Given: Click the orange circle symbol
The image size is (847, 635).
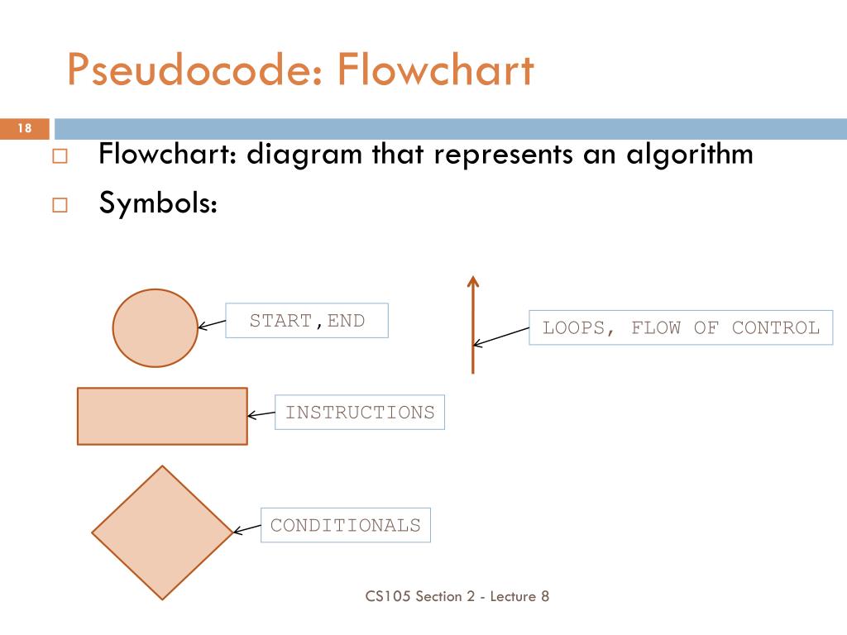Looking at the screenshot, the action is (x=155, y=328).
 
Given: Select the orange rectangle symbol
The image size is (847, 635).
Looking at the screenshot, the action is (x=162, y=416).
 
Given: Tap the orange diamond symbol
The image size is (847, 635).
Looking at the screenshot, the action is (x=162, y=532).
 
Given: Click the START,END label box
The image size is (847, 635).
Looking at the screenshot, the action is (x=307, y=321).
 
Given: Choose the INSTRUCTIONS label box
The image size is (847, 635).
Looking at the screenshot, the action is (x=360, y=412).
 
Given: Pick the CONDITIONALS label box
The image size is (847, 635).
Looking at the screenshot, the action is (x=346, y=525).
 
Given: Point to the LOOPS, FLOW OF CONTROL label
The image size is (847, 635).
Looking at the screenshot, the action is (x=681, y=327).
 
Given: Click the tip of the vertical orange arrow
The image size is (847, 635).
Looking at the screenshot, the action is (x=473, y=280).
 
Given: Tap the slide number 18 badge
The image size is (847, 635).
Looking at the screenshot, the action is (x=24, y=128).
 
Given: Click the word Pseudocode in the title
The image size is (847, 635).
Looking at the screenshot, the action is (x=189, y=69).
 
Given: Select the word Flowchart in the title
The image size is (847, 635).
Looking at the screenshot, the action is (x=435, y=69).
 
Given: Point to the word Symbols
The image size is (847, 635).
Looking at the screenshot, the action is (x=158, y=203).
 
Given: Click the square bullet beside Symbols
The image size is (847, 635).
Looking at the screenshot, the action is (x=59, y=204).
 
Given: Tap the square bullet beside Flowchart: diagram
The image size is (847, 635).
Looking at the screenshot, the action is (x=59, y=156).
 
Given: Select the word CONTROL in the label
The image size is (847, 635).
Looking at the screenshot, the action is (x=775, y=327).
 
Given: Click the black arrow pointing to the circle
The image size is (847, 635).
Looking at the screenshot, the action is (x=212, y=324).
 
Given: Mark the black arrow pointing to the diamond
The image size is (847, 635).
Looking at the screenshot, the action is (x=246, y=529).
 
